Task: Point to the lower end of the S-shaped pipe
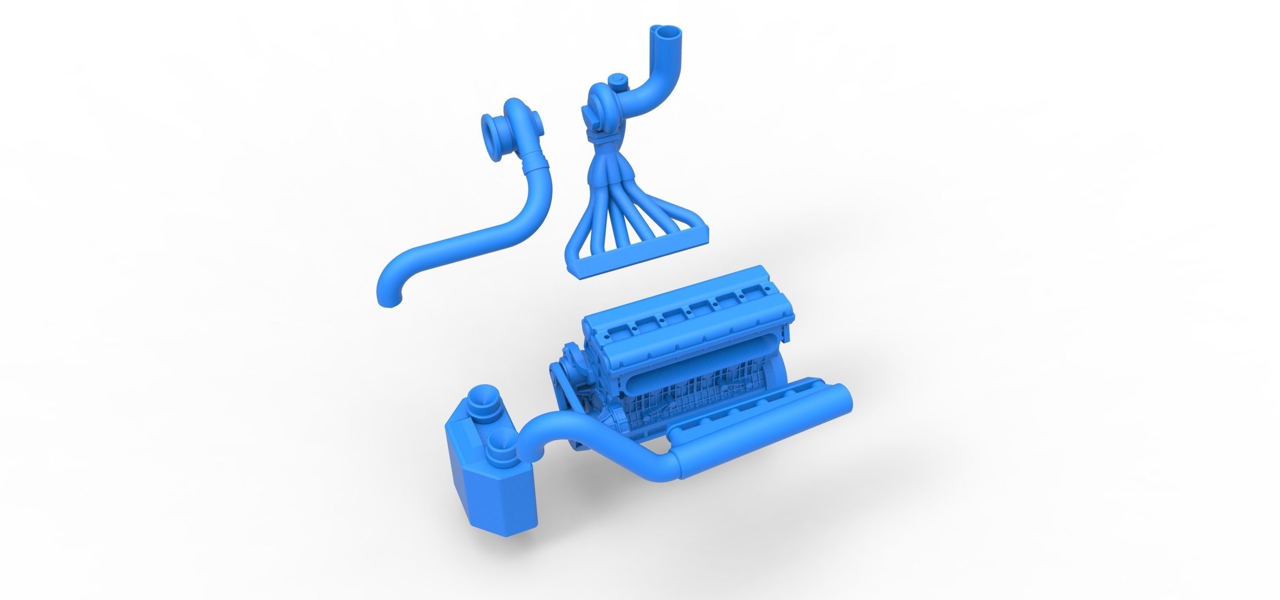390,299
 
